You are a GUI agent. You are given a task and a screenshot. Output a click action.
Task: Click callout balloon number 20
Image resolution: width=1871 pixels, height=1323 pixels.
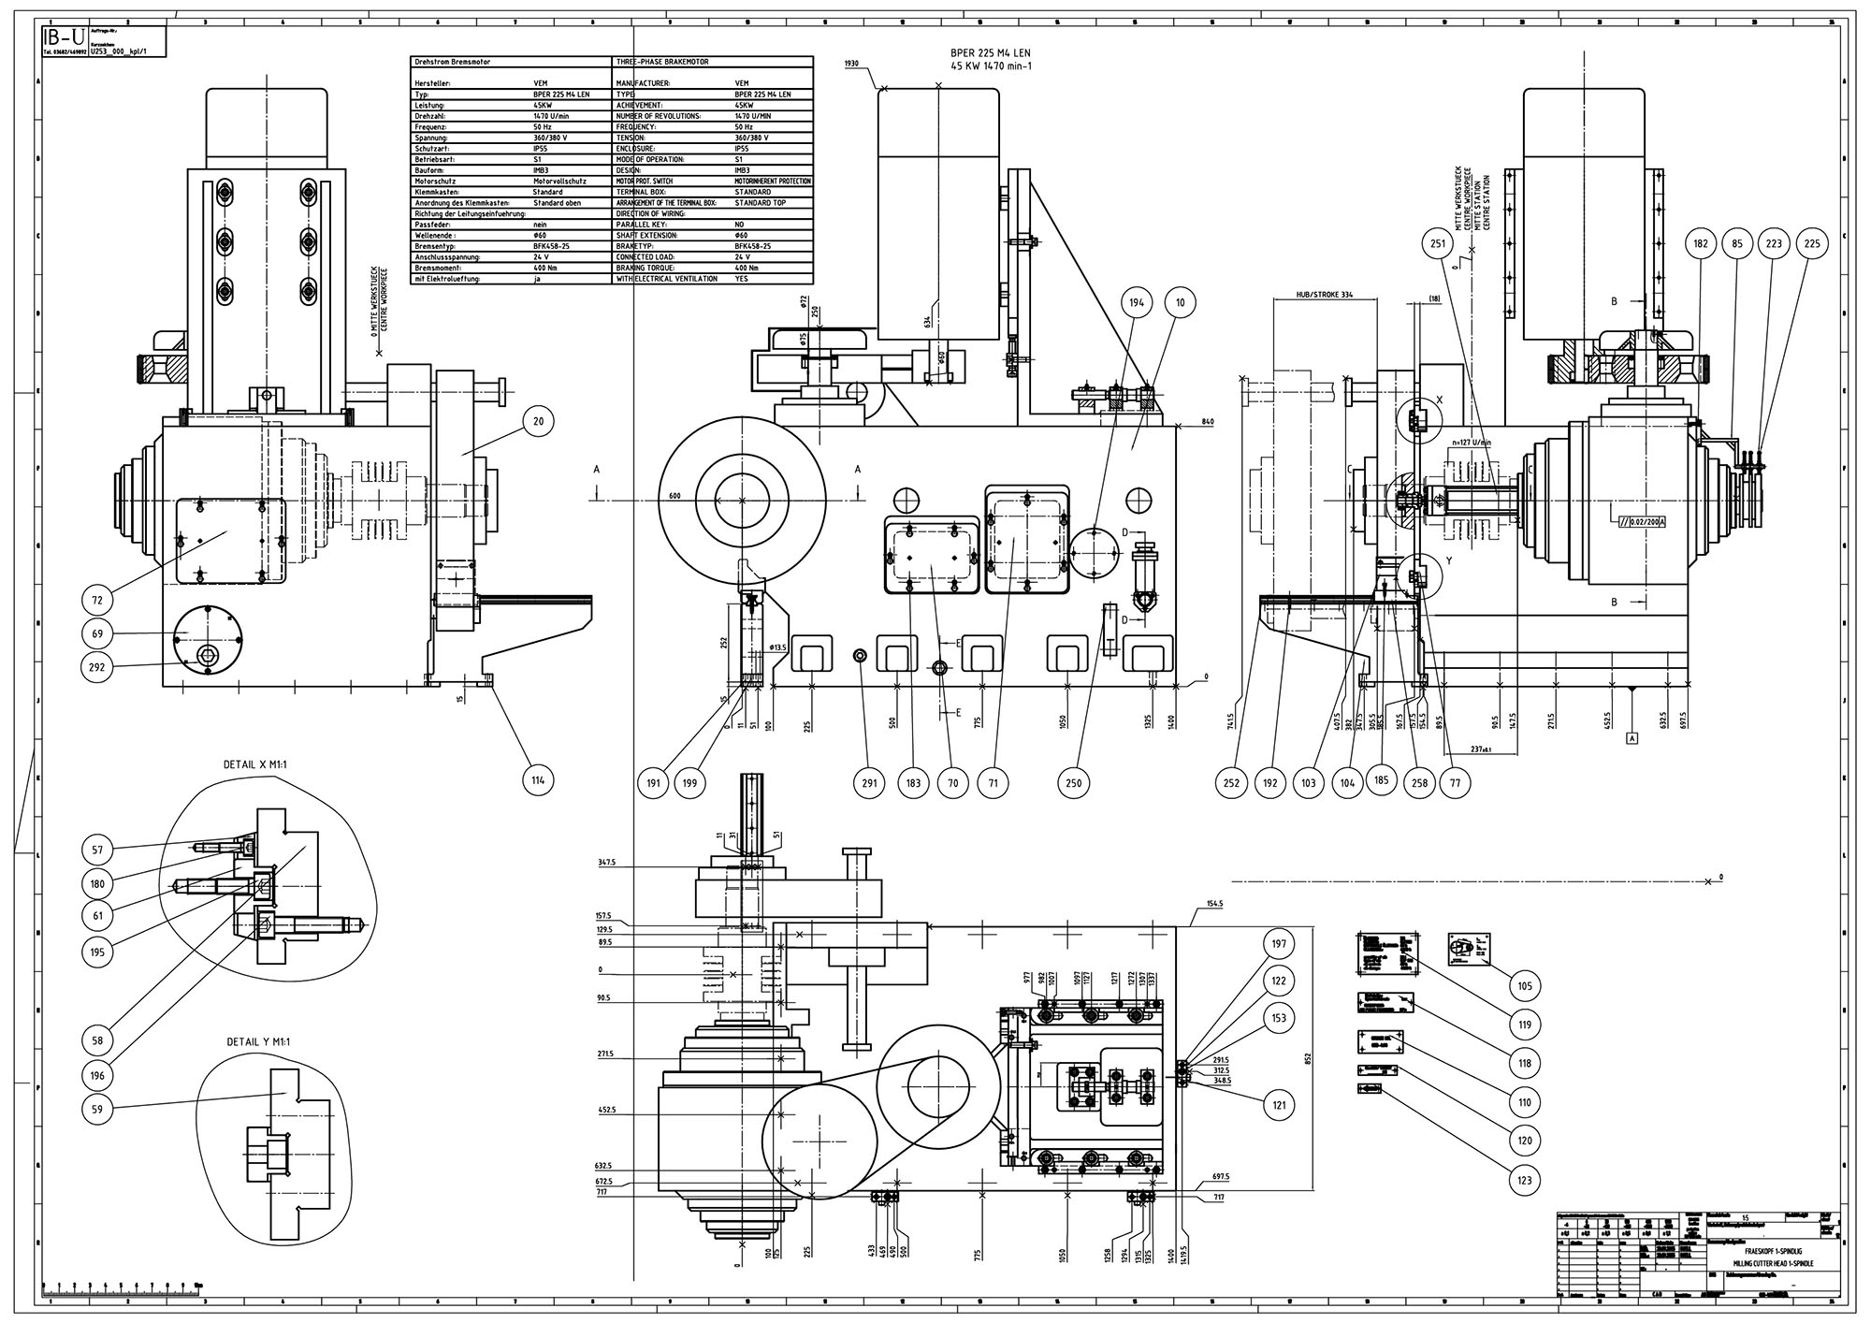(x=539, y=422)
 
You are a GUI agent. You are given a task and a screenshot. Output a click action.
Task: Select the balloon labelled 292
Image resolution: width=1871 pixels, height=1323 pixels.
(x=97, y=667)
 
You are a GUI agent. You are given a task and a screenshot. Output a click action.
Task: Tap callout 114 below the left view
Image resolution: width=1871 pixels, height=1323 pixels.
(x=539, y=780)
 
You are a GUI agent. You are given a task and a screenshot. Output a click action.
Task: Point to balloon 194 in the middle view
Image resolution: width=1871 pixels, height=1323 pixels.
(x=1136, y=303)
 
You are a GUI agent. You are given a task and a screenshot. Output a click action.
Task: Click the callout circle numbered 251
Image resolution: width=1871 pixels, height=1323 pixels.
(x=1439, y=244)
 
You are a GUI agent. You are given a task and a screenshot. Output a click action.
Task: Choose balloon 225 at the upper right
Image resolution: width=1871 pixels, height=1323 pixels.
(x=1812, y=244)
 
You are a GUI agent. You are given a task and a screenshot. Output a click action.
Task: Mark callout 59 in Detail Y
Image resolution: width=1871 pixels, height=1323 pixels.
(x=97, y=1111)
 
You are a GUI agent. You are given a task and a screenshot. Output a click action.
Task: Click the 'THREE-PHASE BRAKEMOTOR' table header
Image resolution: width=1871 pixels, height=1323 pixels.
(x=663, y=62)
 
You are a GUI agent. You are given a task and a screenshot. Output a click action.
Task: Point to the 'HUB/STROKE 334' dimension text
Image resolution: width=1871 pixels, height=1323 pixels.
(x=1325, y=295)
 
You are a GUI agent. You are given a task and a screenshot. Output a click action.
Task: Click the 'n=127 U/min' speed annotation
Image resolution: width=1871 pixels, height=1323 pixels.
(x=1470, y=442)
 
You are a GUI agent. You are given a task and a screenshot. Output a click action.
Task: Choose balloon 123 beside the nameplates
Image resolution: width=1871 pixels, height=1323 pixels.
(x=1525, y=1181)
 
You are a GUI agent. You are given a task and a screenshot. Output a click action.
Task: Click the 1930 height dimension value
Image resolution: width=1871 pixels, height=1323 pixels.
(x=850, y=63)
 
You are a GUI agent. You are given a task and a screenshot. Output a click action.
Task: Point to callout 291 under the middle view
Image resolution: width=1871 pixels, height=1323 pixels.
(x=869, y=782)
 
